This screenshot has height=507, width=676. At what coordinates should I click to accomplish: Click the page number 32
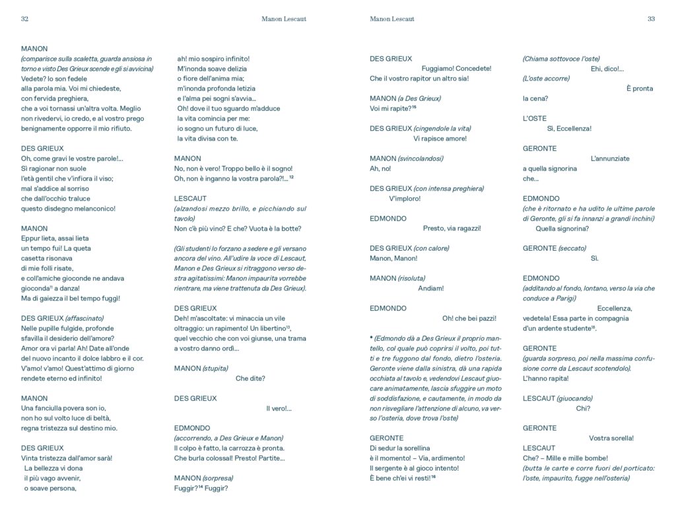(24, 19)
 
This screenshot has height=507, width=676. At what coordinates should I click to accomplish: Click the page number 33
(651, 19)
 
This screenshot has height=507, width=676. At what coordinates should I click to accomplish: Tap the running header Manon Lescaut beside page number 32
(284, 19)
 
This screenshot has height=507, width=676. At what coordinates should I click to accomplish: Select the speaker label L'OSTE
(535, 118)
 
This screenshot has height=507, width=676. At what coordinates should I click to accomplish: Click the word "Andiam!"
(431, 288)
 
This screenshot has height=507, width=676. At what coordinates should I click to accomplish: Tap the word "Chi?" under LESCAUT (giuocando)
(583, 408)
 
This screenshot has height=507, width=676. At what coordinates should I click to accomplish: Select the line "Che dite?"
(250, 378)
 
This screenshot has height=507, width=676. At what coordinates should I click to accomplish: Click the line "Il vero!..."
(279, 409)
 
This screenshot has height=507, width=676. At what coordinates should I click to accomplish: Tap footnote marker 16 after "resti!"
(433, 476)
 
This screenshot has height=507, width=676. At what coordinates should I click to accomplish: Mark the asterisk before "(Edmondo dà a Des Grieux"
(372, 338)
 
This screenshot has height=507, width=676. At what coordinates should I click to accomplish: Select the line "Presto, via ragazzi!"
(452, 228)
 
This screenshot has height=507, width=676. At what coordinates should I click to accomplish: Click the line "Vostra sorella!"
(611, 438)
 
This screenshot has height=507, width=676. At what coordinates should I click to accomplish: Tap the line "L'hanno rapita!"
(545, 378)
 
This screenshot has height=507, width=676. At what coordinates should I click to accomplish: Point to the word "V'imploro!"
(405, 199)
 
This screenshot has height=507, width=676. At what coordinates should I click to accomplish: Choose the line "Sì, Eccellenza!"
(569, 129)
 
